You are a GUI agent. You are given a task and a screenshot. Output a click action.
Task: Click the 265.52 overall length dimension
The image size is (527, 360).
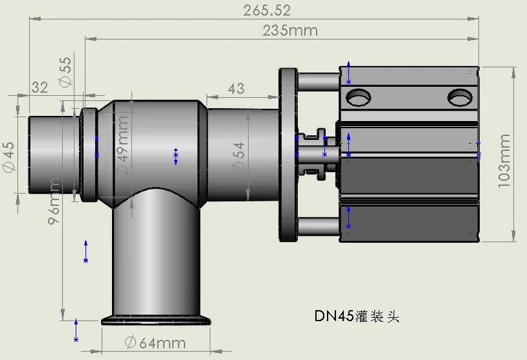(267, 10)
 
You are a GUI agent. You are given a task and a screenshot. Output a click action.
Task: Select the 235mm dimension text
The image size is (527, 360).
(290, 30)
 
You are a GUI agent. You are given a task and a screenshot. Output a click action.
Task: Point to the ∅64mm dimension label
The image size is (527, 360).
(155, 343)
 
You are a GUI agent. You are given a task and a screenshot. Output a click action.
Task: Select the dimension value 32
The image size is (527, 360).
(39, 87)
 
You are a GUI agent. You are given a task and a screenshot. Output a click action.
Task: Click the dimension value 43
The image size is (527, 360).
(236, 87)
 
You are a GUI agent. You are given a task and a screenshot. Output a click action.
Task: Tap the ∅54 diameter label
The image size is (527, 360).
(239, 156)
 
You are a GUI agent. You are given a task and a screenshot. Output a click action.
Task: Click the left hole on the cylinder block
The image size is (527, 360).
(358, 98)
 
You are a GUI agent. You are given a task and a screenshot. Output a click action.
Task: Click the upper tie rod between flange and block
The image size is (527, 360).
(318, 82)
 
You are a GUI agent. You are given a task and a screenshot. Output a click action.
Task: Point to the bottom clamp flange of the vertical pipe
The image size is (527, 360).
(157, 320)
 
